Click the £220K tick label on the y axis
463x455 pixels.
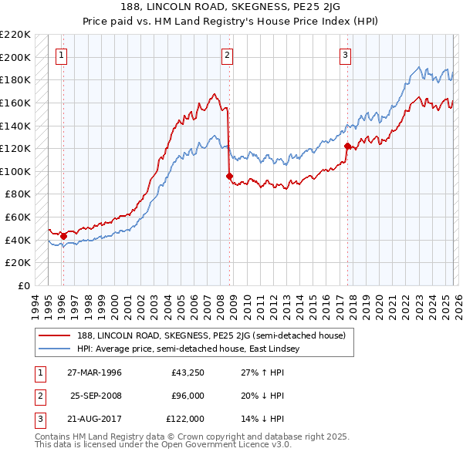tap(15, 35)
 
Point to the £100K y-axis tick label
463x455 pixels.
tap(15, 171)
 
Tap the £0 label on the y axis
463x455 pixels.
tap(24, 285)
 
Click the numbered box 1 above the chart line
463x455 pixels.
tap(61, 55)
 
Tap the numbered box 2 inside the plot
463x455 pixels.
tap(228, 55)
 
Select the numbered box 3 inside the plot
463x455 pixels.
tap(345, 55)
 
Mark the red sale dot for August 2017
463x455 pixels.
tap(347, 146)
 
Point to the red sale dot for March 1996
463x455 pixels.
tap(63, 236)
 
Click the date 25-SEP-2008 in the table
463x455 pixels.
tap(96, 396)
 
